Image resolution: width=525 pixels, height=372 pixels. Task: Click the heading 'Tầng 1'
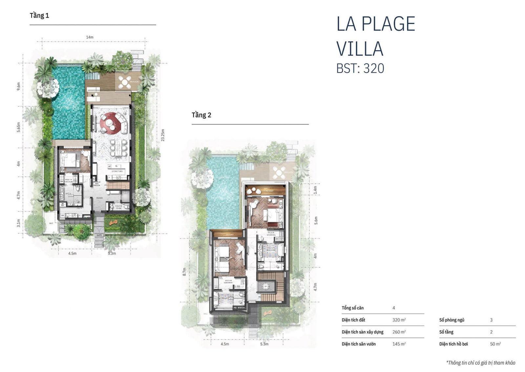point(39,15)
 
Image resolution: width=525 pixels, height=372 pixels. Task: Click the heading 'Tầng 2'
point(201,115)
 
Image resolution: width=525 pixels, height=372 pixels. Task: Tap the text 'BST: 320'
point(360,68)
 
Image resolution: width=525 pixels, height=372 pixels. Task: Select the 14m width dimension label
point(90,37)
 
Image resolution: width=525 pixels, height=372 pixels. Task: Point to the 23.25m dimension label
point(163,135)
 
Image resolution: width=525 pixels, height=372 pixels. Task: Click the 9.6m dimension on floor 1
point(19,86)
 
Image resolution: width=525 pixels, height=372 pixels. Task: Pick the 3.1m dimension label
point(19,223)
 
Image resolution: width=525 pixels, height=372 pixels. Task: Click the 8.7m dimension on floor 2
point(184,272)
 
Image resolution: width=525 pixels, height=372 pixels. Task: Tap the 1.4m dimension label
point(315,190)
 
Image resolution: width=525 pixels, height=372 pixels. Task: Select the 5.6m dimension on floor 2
point(316,220)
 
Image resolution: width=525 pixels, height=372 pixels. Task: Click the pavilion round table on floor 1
point(125,82)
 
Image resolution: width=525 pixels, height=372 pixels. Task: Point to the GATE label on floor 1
point(99,235)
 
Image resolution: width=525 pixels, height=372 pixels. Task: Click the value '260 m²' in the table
point(399,332)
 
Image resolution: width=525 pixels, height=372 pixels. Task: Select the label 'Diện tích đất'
point(353,320)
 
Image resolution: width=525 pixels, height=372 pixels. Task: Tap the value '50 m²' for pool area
point(495,344)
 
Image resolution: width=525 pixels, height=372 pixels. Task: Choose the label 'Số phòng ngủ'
point(451,320)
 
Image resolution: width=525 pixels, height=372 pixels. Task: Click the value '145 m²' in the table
point(399,344)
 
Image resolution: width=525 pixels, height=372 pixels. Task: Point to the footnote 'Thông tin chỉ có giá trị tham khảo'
point(481,362)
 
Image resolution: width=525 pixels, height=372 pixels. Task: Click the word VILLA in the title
point(360,49)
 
